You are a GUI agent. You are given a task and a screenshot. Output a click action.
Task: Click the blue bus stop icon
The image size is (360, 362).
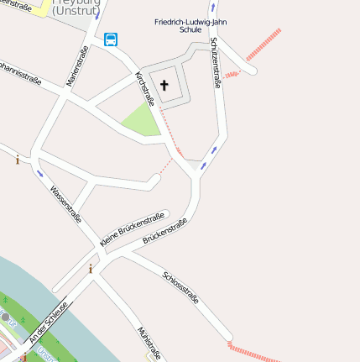112,39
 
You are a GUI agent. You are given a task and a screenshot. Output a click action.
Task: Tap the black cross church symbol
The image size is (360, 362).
164,85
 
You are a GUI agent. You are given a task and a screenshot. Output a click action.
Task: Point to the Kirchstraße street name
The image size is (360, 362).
145,89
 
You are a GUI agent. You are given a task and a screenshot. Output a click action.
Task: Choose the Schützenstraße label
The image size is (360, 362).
217,62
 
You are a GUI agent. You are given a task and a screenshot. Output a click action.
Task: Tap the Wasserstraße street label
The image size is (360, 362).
65,203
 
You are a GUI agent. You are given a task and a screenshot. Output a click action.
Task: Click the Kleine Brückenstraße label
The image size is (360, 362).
131,228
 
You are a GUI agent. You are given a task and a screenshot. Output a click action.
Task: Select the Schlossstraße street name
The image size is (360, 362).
180,287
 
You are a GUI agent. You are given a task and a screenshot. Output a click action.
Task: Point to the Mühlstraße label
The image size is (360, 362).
149,344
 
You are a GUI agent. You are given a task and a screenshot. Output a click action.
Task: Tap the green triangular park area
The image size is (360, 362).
141,122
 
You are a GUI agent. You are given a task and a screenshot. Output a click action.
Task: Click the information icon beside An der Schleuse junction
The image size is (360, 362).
91,270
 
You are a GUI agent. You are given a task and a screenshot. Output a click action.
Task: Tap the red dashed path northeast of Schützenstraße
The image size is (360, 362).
263,45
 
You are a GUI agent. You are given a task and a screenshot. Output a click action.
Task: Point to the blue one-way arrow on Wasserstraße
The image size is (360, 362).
39,174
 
